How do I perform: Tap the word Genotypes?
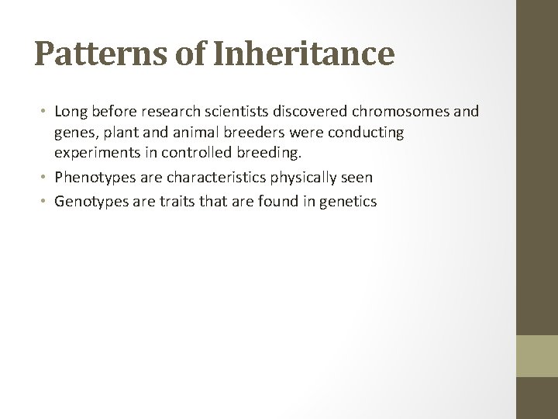click(90, 202)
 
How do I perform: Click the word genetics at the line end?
click(348, 202)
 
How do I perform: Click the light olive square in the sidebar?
click(537, 355)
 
